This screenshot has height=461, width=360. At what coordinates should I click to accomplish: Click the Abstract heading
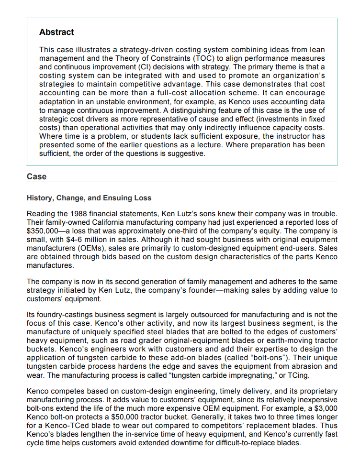(56, 32)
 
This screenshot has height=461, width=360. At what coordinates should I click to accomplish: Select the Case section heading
(36, 176)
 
